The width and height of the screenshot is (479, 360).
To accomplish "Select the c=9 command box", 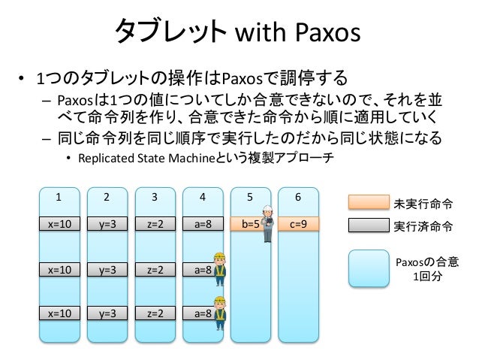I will (298, 223).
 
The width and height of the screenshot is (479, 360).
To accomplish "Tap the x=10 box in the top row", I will (60, 223).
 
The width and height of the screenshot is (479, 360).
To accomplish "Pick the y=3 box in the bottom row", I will (107, 313).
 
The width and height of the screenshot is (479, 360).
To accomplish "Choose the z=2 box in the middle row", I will (155, 268).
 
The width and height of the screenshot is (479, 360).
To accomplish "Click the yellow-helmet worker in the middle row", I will (219, 268).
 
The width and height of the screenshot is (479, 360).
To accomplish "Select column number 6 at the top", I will (298, 198).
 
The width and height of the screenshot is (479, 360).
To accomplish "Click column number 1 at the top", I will (60, 198).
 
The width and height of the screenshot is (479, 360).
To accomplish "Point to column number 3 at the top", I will (155, 198).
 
